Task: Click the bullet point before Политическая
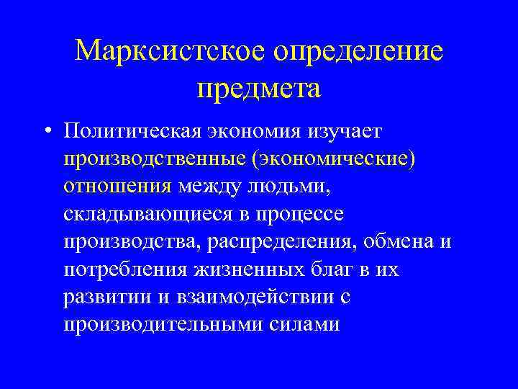coord(46,132)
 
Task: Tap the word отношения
coord(116,187)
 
